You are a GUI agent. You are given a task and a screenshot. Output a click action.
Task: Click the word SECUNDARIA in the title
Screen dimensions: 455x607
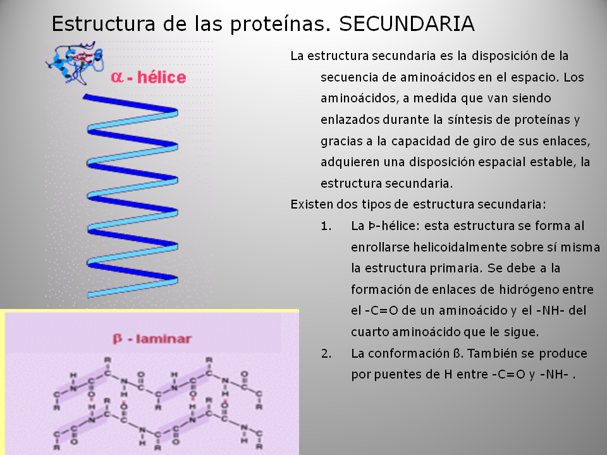point(407,24)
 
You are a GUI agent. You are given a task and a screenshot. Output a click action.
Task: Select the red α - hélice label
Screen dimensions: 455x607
point(149,77)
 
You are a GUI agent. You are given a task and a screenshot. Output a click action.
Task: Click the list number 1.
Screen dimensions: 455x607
point(326,226)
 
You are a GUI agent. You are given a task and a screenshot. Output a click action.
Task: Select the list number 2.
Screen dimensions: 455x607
point(326,353)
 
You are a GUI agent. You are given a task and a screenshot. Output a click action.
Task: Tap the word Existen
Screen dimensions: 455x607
point(311,204)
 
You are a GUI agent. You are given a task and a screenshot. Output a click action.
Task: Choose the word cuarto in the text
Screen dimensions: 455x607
point(369,332)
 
